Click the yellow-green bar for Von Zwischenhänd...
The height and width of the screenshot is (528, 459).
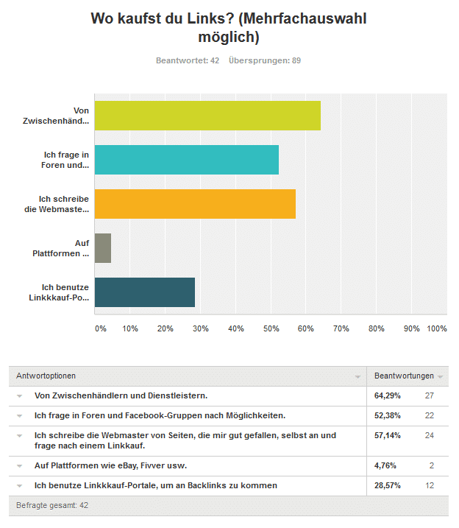pos(207,116)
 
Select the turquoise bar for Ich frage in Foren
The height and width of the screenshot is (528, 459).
pos(187,160)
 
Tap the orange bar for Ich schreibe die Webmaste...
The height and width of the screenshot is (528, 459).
pos(195,204)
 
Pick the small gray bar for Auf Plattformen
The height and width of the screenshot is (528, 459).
pos(103,248)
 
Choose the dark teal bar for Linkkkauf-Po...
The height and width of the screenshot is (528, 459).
pos(145,292)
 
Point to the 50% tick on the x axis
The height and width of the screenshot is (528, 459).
pos(271,328)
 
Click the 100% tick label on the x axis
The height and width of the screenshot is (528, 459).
pos(437,328)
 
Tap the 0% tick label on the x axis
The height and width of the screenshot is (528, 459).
pos(101,328)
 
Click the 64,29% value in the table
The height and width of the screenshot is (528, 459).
pos(388,395)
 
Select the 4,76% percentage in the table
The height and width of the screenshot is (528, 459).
pos(385,465)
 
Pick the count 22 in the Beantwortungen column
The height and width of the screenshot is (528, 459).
pos(430,415)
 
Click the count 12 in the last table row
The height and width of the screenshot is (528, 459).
pos(430,485)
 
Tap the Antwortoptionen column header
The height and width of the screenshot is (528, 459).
pos(46,376)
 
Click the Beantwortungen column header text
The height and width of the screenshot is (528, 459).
pos(404,376)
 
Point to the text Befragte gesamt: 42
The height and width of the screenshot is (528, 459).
pos(52,505)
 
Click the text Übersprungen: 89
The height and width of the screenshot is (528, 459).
pos(265,60)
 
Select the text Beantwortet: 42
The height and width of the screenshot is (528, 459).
pos(188,60)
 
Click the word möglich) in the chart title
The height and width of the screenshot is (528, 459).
pos(229,38)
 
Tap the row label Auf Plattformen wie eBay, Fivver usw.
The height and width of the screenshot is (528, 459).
pos(110,465)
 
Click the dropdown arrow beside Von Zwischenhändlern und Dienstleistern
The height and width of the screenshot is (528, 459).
pos(20,396)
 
